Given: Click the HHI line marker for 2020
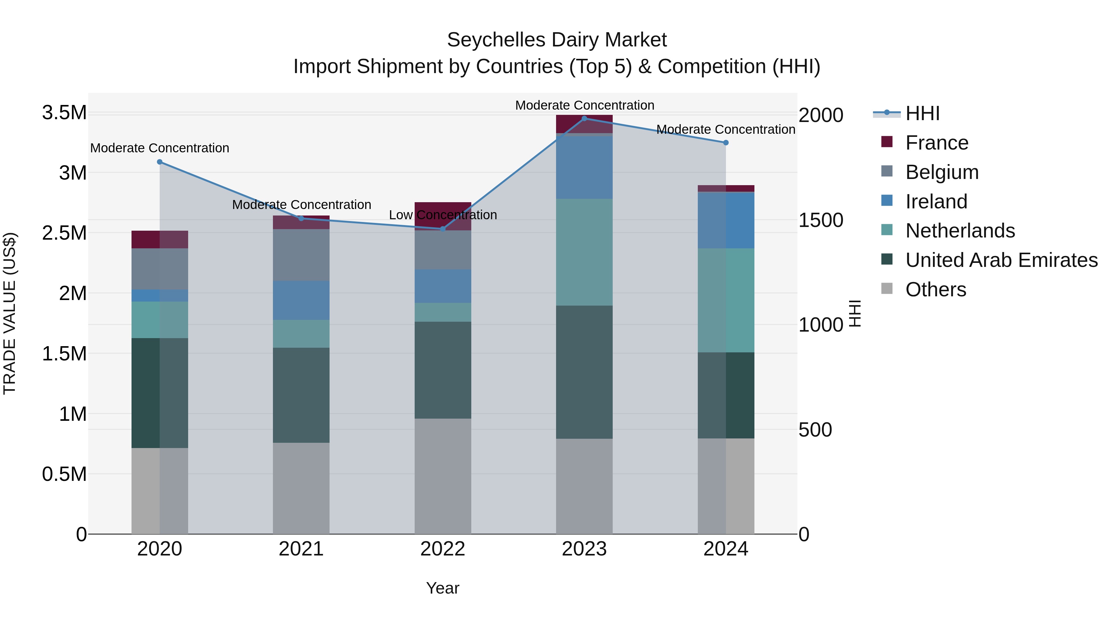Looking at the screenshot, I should (x=160, y=162).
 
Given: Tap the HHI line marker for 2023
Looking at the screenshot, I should (x=584, y=119).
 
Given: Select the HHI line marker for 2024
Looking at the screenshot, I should (x=726, y=142).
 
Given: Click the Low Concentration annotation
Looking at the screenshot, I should (x=443, y=215).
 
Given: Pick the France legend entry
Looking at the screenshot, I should (x=936, y=143).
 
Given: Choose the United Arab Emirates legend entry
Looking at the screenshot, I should (x=1001, y=260).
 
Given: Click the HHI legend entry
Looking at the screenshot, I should (x=922, y=113).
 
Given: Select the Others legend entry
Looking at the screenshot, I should (x=935, y=290).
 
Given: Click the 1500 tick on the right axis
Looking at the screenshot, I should (x=820, y=220).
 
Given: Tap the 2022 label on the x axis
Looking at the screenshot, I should (x=443, y=549).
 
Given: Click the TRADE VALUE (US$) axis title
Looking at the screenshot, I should (x=10, y=313).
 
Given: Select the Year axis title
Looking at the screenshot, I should (x=443, y=588).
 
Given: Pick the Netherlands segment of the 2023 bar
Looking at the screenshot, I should (x=584, y=252).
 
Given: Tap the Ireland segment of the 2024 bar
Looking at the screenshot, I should (x=726, y=220).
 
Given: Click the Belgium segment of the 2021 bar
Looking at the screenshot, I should (x=301, y=255).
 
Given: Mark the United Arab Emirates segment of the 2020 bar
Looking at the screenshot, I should (x=160, y=393).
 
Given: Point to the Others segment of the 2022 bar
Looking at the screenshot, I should (x=443, y=476).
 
